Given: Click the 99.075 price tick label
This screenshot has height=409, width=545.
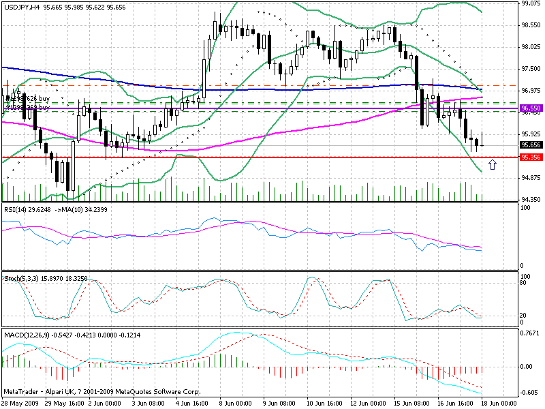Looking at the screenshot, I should [x=531, y=3].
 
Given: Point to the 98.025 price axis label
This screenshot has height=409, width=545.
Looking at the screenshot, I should [x=531, y=47].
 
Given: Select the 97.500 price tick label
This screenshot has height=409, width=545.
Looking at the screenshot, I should [x=531, y=69].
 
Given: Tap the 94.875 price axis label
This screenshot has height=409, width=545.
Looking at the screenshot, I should [x=531, y=178].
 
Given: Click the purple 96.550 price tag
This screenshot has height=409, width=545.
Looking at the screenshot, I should [x=531, y=108].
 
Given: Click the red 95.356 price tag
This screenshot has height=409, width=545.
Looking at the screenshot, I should [x=531, y=157].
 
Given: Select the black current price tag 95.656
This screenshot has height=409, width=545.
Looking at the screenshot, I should [x=531, y=145].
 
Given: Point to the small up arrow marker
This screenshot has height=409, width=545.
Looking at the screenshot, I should [x=493, y=164].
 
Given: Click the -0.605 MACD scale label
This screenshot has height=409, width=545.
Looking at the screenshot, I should [x=531, y=393].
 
